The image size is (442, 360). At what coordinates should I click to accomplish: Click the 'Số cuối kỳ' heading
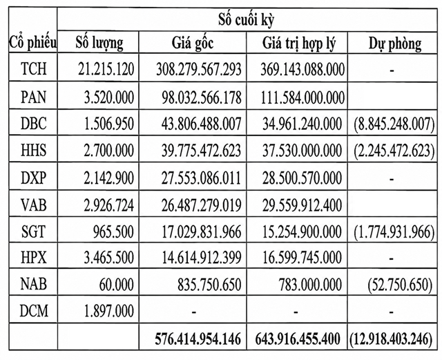(x=246, y=19)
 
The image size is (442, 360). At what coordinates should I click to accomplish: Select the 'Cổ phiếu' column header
(x=33, y=43)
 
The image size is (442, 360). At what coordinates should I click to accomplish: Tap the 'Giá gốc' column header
(x=193, y=44)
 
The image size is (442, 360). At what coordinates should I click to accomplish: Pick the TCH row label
(x=34, y=68)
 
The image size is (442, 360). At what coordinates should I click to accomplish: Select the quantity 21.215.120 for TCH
(x=106, y=69)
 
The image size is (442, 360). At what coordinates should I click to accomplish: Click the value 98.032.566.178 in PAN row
(x=202, y=97)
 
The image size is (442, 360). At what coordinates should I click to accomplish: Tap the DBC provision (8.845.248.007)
(x=394, y=124)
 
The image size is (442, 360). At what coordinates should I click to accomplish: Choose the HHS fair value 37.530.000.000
(x=302, y=151)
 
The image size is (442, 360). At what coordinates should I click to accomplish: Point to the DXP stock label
(x=34, y=178)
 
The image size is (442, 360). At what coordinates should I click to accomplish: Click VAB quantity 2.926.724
(x=108, y=205)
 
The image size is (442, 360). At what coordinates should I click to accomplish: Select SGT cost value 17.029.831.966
(x=201, y=231)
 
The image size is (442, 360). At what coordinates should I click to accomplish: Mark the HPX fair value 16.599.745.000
(x=302, y=257)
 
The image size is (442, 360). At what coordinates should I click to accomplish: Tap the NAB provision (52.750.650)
(x=400, y=284)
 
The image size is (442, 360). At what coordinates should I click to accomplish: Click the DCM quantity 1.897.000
(x=109, y=311)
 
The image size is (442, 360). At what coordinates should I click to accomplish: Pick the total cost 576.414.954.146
(x=198, y=339)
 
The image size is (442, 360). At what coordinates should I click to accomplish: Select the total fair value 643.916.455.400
(x=298, y=339)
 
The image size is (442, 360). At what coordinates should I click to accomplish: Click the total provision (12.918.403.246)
(x=391, y=339)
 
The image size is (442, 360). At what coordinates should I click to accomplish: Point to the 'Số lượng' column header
(x=99, y=44)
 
